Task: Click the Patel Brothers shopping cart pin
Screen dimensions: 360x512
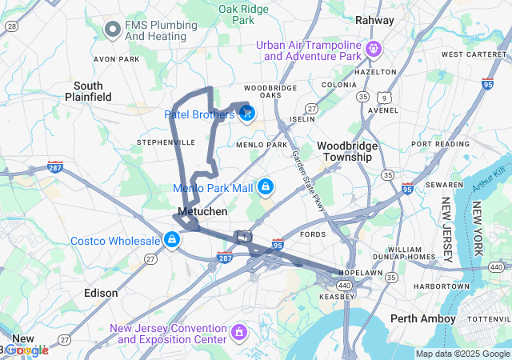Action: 246,114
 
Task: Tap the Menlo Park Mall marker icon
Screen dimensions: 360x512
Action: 265,188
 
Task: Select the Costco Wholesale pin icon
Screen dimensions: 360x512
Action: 171,239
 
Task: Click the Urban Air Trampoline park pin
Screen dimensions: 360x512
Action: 372,50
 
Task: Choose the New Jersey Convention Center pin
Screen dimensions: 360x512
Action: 238,331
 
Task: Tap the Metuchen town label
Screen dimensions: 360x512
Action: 202,211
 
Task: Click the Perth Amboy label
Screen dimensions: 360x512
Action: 422,318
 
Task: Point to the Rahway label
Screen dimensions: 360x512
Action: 374,20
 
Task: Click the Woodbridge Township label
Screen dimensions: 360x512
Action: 344,151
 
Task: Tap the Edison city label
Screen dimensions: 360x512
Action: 101,294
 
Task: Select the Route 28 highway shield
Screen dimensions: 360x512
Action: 11,26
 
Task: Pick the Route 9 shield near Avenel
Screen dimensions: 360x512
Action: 385,97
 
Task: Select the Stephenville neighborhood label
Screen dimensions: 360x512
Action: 166,142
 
